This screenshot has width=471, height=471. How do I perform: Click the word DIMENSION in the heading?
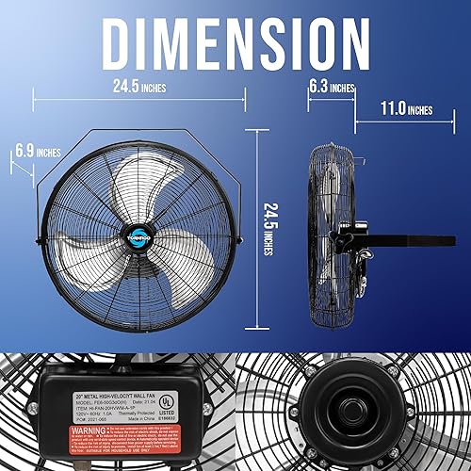click(x=235, y=41)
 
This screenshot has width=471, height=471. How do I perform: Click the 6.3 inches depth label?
click(x=332, y=88)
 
